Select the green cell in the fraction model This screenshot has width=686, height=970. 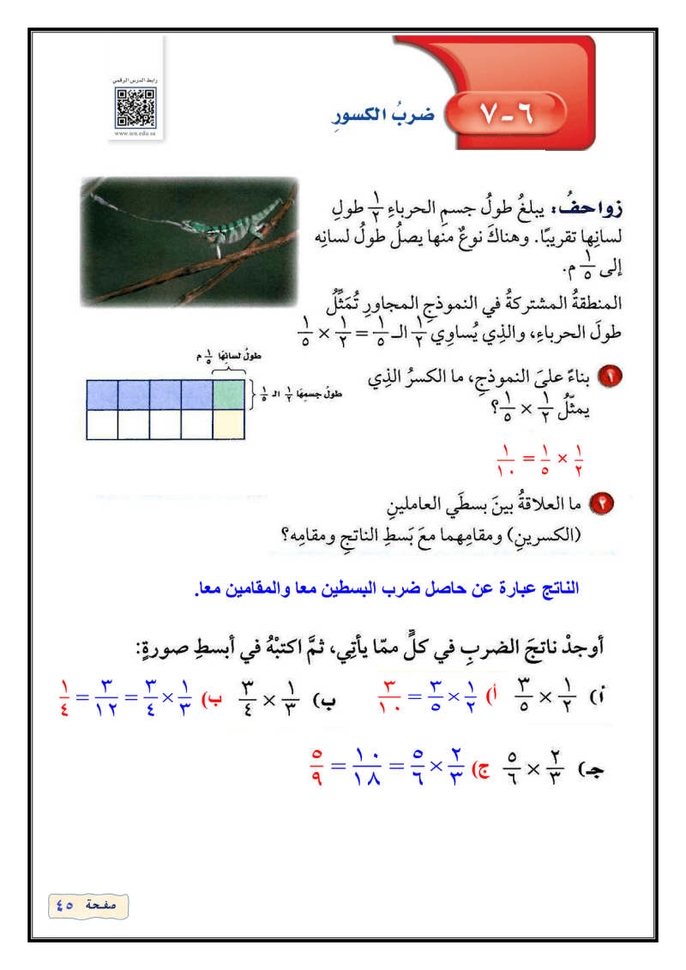coord(227,394)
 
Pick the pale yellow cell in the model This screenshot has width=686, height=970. coord(227,425)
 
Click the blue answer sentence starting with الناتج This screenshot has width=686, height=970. coord(388,589)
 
